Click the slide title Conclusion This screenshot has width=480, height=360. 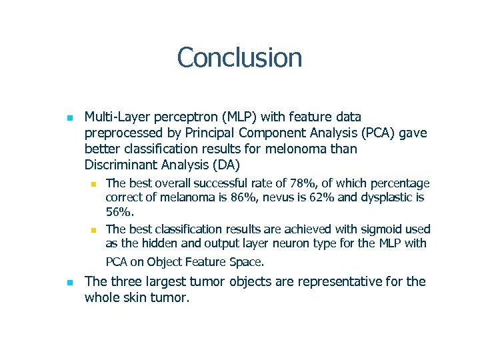pyautogui.click(x=239, y=57)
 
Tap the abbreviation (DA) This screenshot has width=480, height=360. pyautogui.click(x=226, y=165)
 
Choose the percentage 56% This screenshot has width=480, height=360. pyautogui.click(x=120, y=212)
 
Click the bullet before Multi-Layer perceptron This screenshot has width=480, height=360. pyautogui.click(x=69, y=118)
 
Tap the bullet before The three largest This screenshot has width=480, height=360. pyautogui.click(x=69, y=283)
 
